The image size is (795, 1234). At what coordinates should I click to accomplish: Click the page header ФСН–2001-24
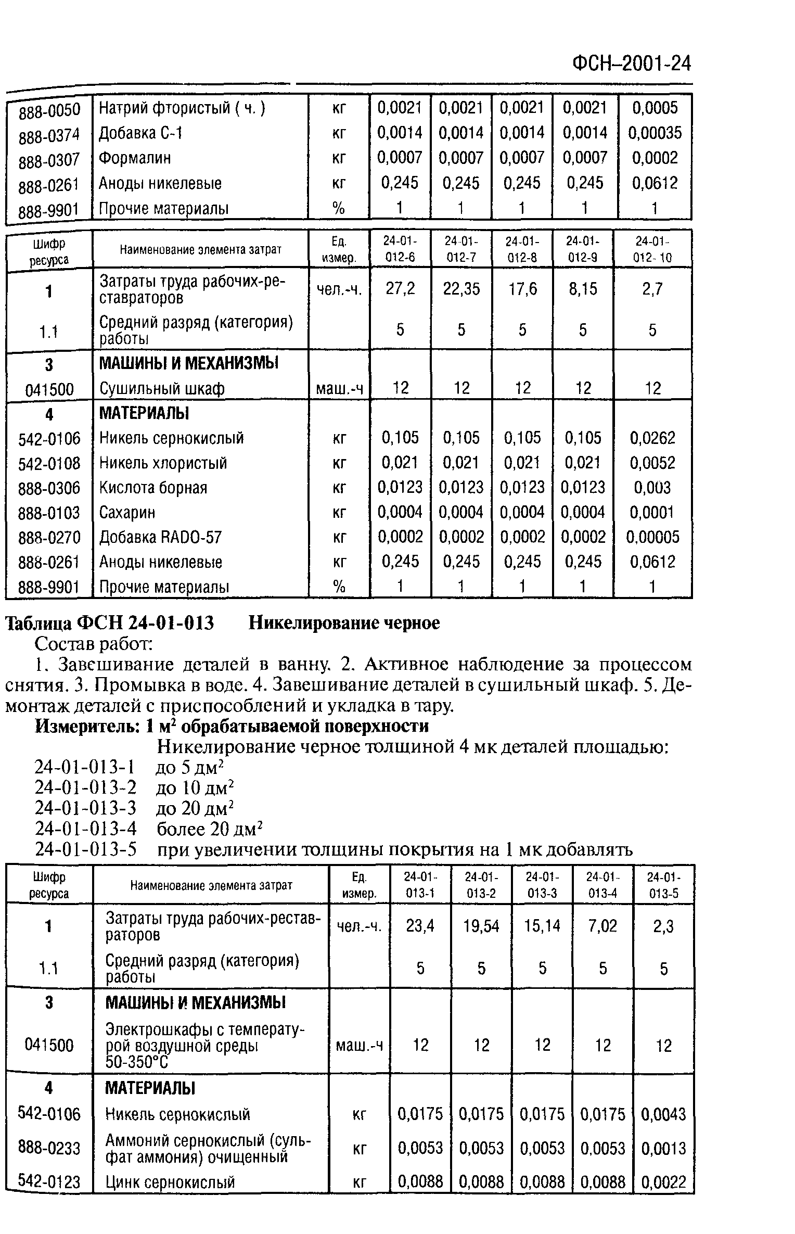(632, 63)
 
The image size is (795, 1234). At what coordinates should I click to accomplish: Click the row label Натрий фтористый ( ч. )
(182, 108)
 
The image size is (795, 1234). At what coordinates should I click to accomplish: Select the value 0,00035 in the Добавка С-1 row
(655, 133)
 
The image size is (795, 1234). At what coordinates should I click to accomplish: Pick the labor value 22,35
(461, 289)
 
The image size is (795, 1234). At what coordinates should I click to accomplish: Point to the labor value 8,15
(583, 289)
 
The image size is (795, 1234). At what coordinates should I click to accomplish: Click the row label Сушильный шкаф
(162, 388)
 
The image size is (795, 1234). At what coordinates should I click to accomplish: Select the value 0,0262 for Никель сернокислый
(652, 438)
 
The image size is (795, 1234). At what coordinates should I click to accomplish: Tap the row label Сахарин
(127, 513)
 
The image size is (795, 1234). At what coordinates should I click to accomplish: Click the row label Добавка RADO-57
(161, 537)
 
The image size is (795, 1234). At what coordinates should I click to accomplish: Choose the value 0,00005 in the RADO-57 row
(652, 537)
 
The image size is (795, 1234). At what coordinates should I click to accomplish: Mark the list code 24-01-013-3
(85, 808)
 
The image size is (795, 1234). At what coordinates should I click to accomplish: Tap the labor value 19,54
(481, 926)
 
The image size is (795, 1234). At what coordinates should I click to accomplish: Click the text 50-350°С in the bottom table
(137, 1062)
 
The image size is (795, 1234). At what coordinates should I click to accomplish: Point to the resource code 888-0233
(49, 1147)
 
